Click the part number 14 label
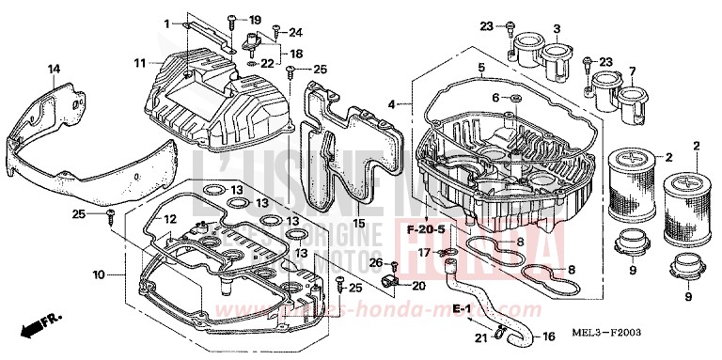click(54, 69)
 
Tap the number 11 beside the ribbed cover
click(138, 64)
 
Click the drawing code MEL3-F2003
click(641, 333)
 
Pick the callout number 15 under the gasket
click(358, 223)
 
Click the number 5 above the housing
click(480, 69)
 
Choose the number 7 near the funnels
click(633, 70)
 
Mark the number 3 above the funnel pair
click(557, 28)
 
